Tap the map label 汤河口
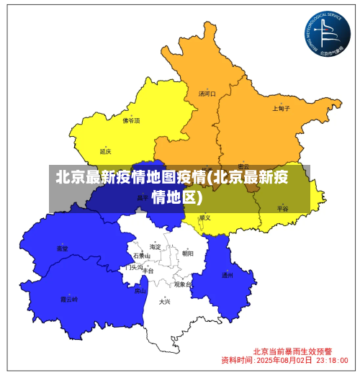point(207,94)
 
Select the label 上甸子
point(281,109)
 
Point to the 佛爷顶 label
point(131,121)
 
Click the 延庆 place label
point(106,151)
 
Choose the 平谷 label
point(282,208)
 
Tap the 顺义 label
point(205,217)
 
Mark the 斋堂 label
point(63,248)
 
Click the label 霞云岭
point(68,298)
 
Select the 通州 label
point(227,275)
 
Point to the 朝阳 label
point(187,253)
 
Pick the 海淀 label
point(155,247)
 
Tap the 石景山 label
point(141,256)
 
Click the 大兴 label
point(165,302)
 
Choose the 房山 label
point(140,292)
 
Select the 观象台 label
point(183,284)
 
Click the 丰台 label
point(148,271)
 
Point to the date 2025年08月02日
point(284,359)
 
